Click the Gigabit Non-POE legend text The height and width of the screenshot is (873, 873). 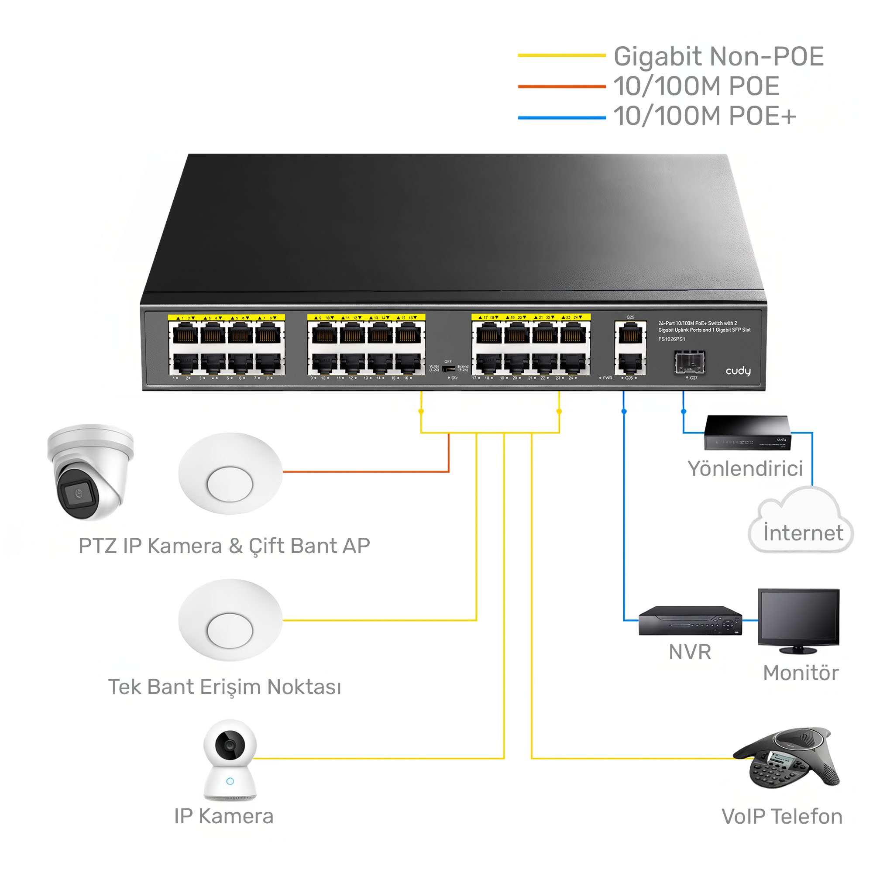tap(718, 56)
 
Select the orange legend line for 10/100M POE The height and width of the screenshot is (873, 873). tap(561, 86)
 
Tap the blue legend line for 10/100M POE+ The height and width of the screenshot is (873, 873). tap(561, 118)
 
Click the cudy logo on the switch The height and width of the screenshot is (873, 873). tap(737, 371)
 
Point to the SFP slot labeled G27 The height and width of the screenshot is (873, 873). tap(690, 363)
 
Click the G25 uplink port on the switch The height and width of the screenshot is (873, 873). tap(630, 334)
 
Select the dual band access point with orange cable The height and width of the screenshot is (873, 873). tap(230, 474)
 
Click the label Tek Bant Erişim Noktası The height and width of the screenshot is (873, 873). tap(224, 687)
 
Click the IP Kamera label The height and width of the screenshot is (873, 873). tap(223, 816)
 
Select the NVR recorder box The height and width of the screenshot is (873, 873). tap(690, 621)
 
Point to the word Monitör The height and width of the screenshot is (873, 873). tap(801, 673)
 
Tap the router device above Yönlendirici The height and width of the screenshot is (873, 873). tap(747, 433)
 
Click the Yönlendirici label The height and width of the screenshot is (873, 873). tap(745, 468)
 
